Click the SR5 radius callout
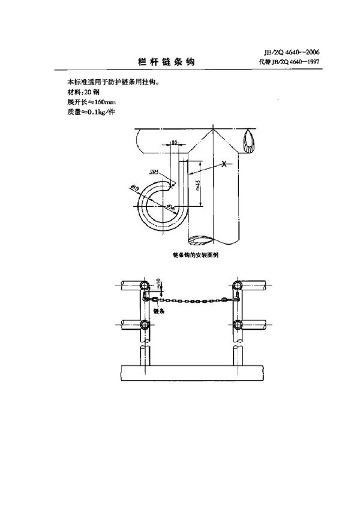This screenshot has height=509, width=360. [x=155, y=173]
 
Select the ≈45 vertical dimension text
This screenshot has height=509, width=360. [x=197, y=186]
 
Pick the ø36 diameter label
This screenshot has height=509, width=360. [x=170, y=207]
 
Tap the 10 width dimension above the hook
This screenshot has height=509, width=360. [x=174, y=143]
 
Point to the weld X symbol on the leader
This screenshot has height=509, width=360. [x=224, y=164]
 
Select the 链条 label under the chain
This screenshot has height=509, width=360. [x=159, y=311]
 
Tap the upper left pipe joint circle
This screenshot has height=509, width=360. [x=144, y=285]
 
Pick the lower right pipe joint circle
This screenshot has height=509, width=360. [x=238, y=325]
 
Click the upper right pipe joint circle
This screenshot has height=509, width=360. [x=238, y=285]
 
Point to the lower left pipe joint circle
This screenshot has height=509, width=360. [x=144, y=325]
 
